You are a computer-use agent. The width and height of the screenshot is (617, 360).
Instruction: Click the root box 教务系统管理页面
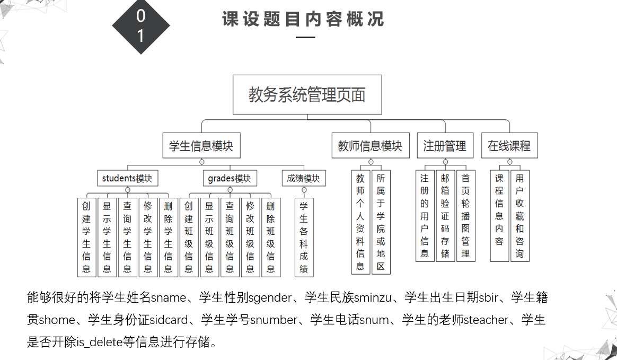[307, 95]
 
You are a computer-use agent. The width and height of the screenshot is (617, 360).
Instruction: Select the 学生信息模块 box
[201, 145]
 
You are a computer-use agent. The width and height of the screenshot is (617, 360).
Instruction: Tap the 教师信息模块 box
[371, 145]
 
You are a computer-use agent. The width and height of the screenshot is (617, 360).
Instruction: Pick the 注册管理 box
[445, 145]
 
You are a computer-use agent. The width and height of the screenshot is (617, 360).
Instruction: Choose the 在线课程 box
[509, 145]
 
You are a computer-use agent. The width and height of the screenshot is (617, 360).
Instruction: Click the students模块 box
[127, 178]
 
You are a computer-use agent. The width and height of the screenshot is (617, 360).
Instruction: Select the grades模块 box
[230, 178]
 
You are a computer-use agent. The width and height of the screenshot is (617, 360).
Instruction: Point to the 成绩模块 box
[304, 178]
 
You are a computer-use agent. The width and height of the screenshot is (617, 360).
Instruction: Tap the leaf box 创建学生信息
[86, 237]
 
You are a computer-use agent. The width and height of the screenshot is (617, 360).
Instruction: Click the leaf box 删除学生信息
[169, 237]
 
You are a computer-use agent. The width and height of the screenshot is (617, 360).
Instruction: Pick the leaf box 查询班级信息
[230, 237]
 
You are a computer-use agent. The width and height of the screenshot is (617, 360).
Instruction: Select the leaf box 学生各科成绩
[304, 237]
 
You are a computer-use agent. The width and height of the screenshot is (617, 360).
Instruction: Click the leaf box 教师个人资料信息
[360, 222]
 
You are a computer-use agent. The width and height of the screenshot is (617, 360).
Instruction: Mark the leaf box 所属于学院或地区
[381, 222]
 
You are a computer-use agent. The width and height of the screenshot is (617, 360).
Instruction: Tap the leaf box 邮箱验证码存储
[445, 216]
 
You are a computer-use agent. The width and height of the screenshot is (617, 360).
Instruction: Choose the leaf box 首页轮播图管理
[465, 216]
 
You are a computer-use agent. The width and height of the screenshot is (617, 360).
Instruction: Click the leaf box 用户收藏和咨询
[519, 216]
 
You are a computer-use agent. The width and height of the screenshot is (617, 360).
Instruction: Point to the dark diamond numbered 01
[141, 26]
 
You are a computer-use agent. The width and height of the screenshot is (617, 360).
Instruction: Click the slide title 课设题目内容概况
[303, 20]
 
